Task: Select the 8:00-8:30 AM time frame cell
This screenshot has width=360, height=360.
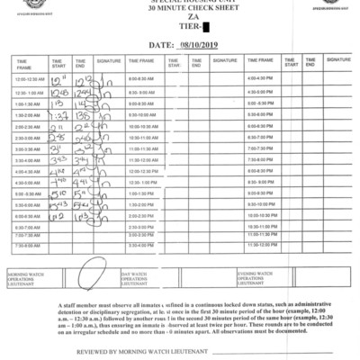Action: click(143, 80)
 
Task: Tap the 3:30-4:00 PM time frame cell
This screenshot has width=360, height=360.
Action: click(143, 245)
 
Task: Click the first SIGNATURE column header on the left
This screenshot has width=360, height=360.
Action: click(109, 61)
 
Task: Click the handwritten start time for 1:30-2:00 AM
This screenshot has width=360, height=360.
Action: click(57, 114)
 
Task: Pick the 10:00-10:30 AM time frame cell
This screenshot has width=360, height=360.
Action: click(144, 126)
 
